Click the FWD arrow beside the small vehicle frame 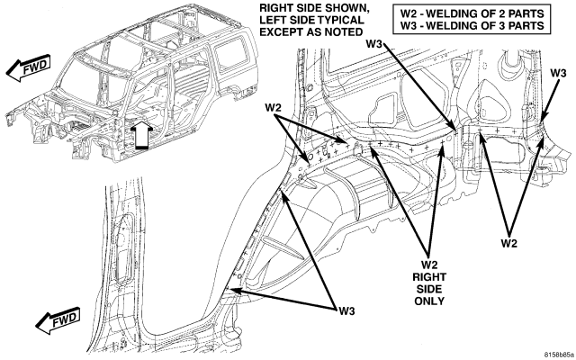click(x=28, y=67)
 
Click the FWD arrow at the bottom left click(x=58, y=320)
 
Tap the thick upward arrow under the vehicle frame click(x=142, y=136)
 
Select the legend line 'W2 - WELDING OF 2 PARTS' click(x=472, y=13)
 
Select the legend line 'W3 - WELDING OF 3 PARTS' click(x=472, y=26)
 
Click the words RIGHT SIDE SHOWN click(x=314, y=8)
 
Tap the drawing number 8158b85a click(x=558, y=355)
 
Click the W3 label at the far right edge click(x=558, y=73)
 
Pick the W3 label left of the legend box click(x=374, y=44)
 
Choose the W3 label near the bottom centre click(x=346, y=311)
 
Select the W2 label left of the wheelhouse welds click(x=273, y=108)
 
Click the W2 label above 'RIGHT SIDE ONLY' click(x=429, y=265)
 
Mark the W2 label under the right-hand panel click(x=509, y=243)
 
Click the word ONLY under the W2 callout click(x=429, y=301)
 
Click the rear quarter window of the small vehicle click(x=229, y=54)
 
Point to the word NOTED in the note click(x=344, y=32)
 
